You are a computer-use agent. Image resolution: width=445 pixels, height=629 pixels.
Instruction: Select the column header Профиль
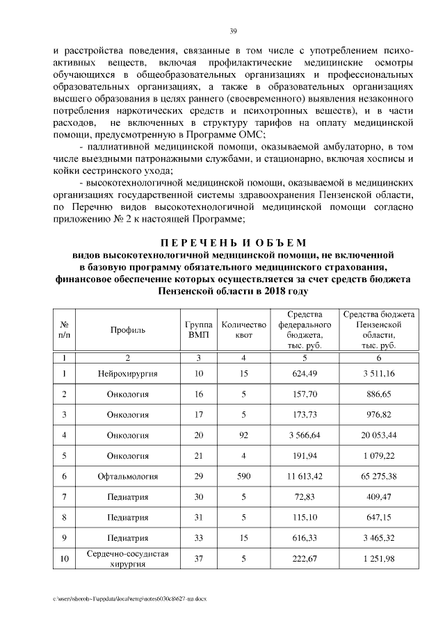[127, 330]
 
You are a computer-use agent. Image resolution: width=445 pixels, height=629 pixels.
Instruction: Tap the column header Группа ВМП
[198, 330]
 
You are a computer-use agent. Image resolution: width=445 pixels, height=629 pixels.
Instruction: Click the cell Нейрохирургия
[127, 375]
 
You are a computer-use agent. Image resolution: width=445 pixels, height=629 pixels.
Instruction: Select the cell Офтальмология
[127, 477]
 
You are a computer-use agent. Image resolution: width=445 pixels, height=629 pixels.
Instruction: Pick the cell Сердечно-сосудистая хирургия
[127, 560]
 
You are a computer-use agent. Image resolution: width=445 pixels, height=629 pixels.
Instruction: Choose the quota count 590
[243, 477]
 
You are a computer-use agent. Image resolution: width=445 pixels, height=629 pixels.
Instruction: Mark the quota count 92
[243, 436]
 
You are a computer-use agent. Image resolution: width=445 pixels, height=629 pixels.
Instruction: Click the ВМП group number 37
[198, 560]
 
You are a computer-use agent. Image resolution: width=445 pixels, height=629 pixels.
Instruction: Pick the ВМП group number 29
[198, 477]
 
